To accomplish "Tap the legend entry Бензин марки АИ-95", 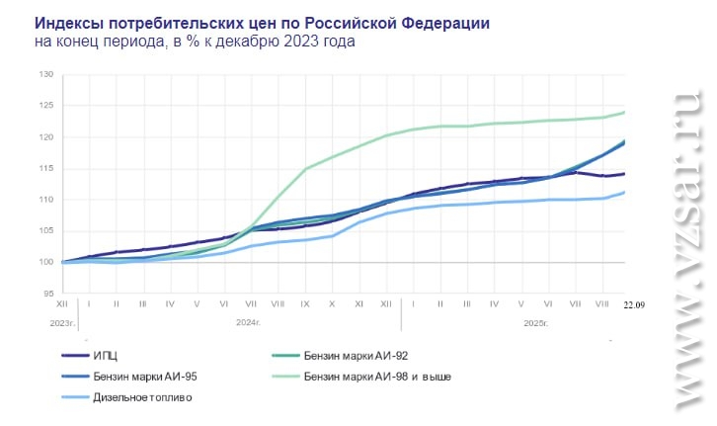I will click(143, 377).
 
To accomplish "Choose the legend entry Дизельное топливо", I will click(142, 397).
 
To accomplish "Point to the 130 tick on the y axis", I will click(46, 74).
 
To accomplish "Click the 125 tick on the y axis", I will click(46, 106).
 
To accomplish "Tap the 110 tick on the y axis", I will click(46, 200).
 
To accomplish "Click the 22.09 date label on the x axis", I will click(633, 305).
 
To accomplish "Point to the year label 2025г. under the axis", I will click(533, 322).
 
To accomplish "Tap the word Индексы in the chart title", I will click(67, 22).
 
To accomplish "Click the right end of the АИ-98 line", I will click(624, 112).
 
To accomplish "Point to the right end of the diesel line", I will click(624, 193).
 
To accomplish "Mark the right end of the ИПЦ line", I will click(624, 174).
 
